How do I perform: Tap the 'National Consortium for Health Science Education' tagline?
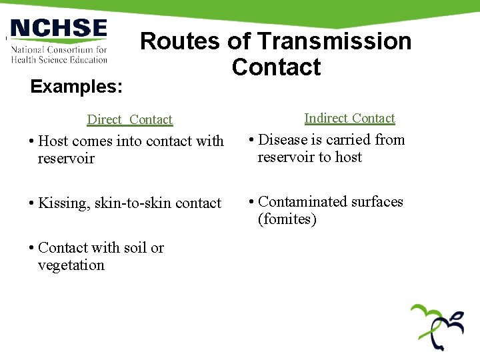coord(59,54)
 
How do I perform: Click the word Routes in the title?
coord(181,41)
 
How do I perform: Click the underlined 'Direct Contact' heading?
coord(130,120)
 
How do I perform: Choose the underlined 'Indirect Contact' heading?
coord(349,118)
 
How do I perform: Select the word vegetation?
coord(71,265)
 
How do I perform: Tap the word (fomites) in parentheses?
coord(287,219)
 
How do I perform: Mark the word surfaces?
coord(379,201)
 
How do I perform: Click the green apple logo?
coord(437,327)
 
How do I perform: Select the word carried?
coord(348,140)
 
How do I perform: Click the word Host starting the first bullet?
coord(53,141)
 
